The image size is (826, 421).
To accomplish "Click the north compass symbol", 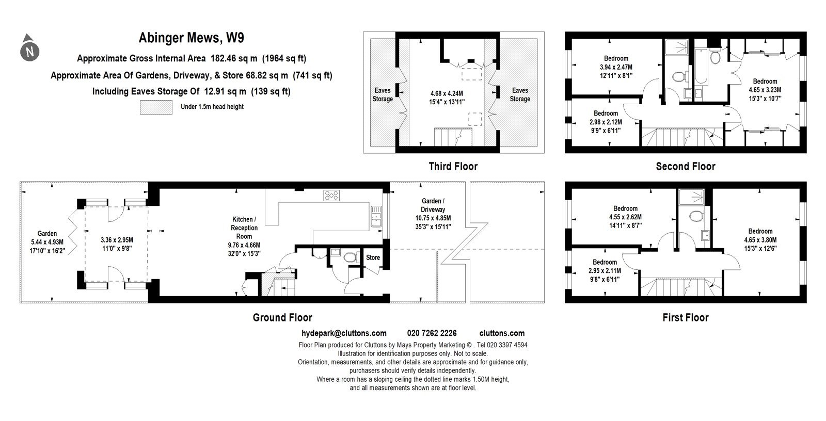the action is (x=29, y=48).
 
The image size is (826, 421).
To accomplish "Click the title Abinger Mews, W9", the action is (x=191, y=38).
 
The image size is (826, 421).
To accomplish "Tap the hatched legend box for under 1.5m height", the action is (x=156, y=107).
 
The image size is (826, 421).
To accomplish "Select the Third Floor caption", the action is (x=453, y=166).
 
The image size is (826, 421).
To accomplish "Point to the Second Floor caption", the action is (x=686, y=166).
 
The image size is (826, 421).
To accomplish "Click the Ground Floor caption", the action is (x=282, y=317).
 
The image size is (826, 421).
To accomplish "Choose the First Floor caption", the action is (x=686, y=317).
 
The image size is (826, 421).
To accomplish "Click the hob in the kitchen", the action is (x=331, y=196).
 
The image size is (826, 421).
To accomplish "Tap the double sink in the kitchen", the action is (x=376, y=216).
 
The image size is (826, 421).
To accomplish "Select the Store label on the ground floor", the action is (x=373, y=257).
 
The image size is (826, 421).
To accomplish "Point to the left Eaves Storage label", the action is (x=383, y=95).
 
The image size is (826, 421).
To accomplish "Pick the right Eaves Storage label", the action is (x=520, y=95).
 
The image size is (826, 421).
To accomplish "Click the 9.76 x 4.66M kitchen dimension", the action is (x=244, y=245).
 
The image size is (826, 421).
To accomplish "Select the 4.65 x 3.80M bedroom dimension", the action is (x=760, y=239).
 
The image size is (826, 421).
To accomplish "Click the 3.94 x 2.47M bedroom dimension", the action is (x=616, y=67).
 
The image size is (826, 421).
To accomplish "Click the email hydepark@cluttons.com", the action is (x=344, y=333).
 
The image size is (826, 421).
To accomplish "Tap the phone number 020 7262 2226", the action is (x=432, y=333).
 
